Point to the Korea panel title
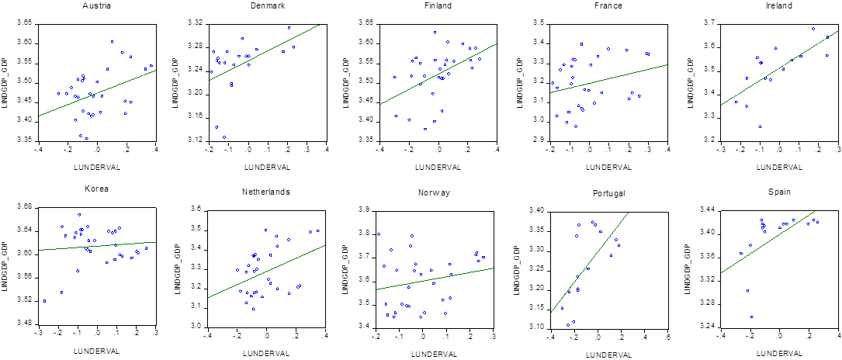click(x=96, y=189)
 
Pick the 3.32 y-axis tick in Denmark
click(x=194, y=23)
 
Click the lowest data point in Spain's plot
click(x=751, y=317)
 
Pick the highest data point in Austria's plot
click(x=112, y=41)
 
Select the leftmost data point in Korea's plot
click(x=44, y=300)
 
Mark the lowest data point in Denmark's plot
click(x=224, y=137)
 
